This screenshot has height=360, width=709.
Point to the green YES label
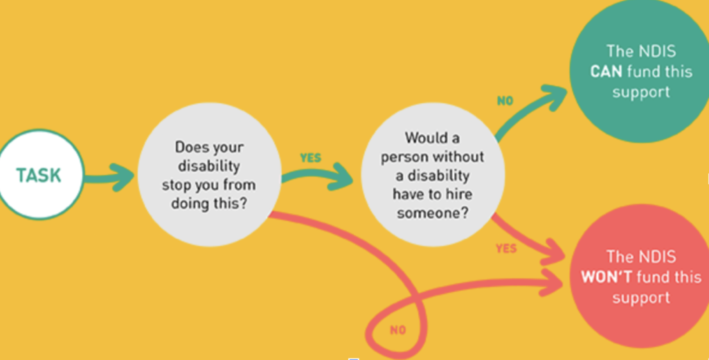click(x=311, y=158)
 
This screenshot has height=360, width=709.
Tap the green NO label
click(x=505, y=101)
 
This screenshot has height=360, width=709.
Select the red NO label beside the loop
click(x=397, y=330)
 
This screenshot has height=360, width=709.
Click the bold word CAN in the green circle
click(x=607, y=71)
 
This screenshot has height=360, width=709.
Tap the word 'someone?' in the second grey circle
click(x=432, y=213)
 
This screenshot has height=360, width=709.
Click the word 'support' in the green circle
click(x=641, y=91)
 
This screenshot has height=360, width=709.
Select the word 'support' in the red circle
click(x=641, y=298)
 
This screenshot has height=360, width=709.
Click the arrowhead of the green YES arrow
click(x=348, y=177)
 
